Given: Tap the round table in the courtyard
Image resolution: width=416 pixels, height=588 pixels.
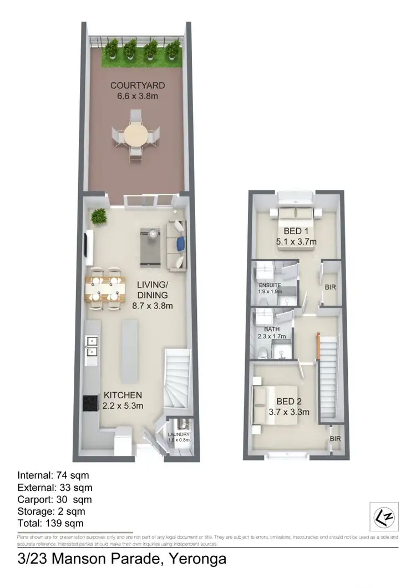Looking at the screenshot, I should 136,134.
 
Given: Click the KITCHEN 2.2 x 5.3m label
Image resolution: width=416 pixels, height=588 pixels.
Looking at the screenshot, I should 123,400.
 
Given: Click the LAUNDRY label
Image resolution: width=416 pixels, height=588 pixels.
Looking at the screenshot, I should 179,437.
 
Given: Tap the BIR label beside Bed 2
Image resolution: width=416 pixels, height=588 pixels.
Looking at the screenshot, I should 334,439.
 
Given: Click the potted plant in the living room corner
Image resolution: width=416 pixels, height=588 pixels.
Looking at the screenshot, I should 99,216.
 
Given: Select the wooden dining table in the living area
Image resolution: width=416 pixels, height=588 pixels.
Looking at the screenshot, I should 104,288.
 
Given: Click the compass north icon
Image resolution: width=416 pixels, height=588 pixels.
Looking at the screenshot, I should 382,516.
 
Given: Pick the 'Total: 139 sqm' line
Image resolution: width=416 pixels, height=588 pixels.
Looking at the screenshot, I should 52,523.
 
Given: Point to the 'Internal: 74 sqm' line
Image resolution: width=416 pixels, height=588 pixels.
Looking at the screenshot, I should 53,475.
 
